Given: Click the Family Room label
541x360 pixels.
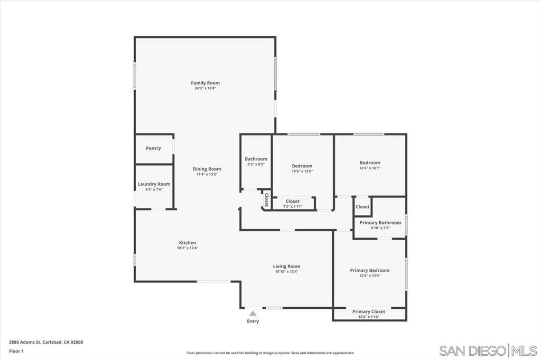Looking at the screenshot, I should click(x=205, y=83).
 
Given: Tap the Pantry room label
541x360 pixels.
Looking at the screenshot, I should click(x=153, y=148).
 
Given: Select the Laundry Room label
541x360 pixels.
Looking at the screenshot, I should click(x=154, y=184).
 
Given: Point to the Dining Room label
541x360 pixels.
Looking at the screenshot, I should click(x=207, y=169).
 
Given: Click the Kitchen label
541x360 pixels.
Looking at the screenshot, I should click(x=187, y=243).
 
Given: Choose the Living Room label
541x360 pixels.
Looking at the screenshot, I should click(x=286, y=267).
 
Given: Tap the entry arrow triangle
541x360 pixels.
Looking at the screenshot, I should click(x=253, y=314).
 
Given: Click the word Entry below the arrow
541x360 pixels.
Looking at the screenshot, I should click(x=253, y=321).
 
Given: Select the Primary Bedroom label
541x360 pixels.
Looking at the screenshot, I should click(x=369, y=270).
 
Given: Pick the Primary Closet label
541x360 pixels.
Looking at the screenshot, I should click(x=369, y=311).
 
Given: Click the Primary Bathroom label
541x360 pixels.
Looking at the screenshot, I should click(x=380, y=223).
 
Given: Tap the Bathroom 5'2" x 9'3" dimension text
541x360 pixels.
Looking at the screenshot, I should click(x=256, y=164).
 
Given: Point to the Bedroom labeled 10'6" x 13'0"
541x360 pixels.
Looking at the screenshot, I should click(x=302, y=166).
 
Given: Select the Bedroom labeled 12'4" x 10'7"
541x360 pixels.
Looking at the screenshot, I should click(x=370, y=163).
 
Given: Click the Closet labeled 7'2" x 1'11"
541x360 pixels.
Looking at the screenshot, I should click(x=293, y=202).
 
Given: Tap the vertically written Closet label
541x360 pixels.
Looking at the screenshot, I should click(x=267, y=200).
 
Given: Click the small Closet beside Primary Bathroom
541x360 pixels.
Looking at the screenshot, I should click(x=362, y=207).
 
